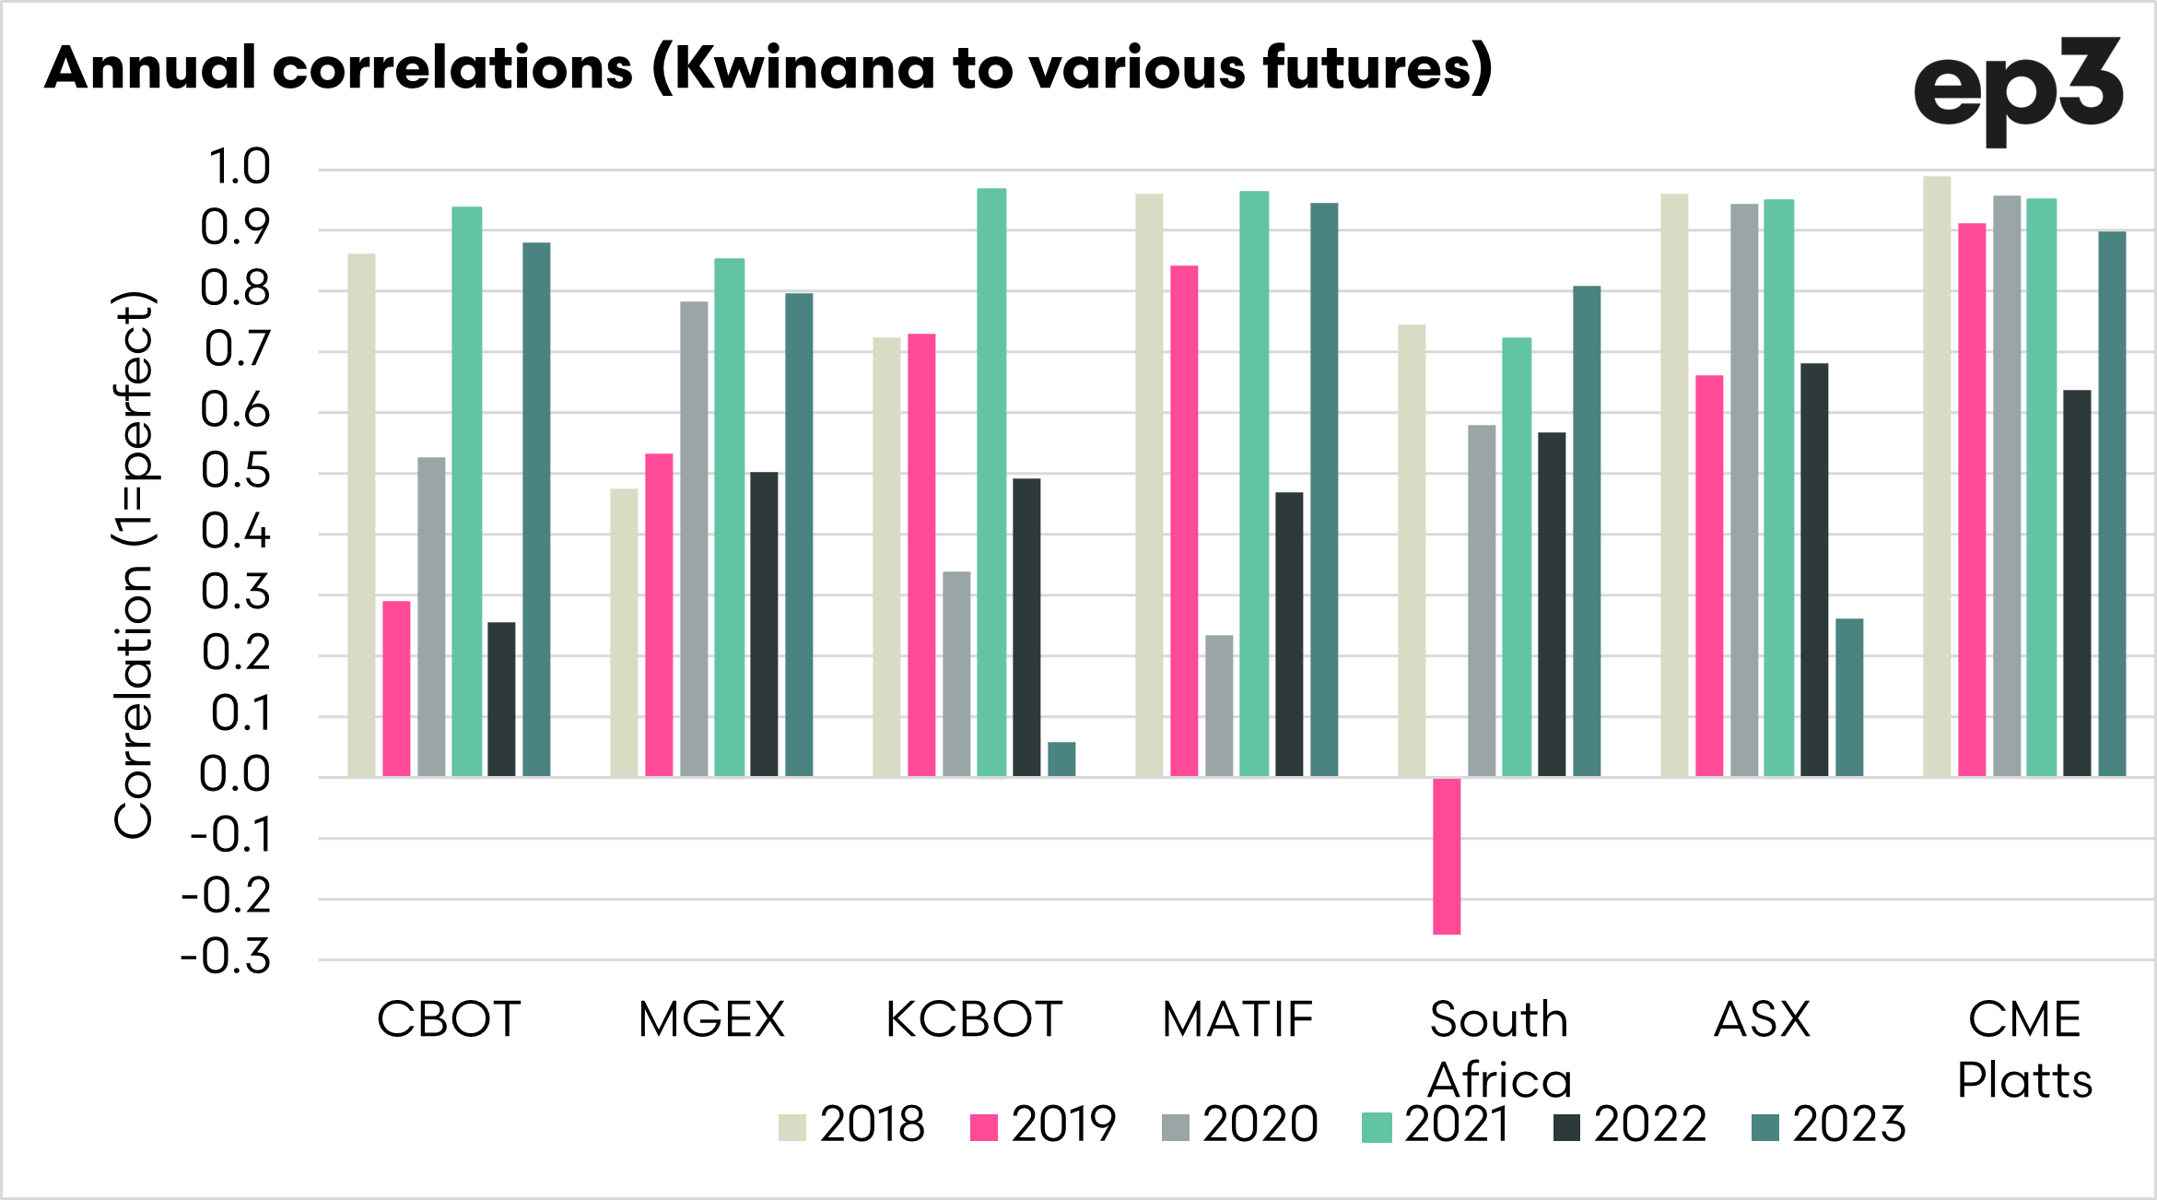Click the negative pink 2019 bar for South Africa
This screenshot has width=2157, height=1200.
[1447, 856]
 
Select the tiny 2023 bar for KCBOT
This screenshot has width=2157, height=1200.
[1061, 759]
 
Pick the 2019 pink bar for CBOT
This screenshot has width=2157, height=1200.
[396, 688]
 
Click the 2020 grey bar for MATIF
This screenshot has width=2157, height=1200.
[1219, 706]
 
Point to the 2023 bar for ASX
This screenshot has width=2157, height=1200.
[1849, 698]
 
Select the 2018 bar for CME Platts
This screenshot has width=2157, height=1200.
[1937, 476]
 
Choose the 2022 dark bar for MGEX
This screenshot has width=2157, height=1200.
[764, 624]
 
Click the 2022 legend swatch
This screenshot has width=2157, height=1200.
[1566, 1127]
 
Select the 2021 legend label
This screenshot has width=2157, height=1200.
[1457, 1124]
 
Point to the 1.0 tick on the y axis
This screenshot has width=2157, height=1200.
[239, 168]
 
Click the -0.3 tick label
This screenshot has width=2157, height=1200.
[227, 958]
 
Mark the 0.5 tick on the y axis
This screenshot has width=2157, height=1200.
[237, 472]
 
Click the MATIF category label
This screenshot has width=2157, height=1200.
[1237, 1019]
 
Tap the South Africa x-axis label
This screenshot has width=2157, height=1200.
[1499, 1049]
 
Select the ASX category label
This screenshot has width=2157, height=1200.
[1762, 1019]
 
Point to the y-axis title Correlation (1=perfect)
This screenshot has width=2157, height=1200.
[135, 564]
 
